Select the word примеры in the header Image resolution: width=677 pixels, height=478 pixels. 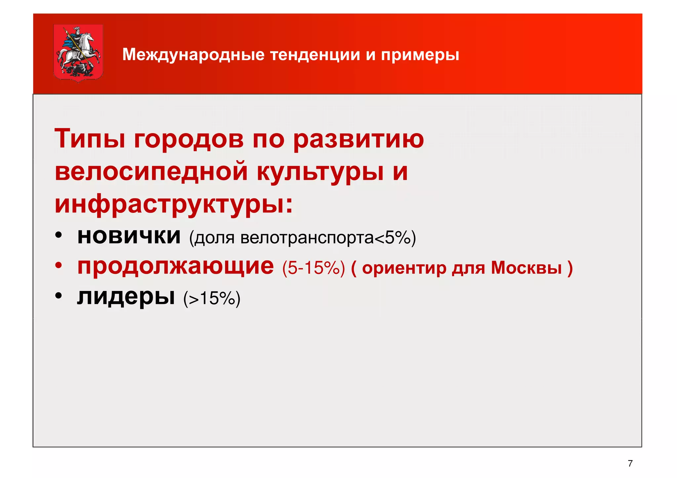click(420, 55)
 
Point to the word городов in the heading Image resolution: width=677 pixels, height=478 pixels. click(189, 139)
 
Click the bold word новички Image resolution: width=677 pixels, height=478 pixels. click(129, 236)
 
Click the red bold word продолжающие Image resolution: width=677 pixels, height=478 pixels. click(176, 267)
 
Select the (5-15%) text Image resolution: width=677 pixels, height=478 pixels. click(313, 268)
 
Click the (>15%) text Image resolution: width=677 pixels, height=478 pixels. click(212, 298)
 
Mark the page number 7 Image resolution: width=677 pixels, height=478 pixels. click(630, 463)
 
